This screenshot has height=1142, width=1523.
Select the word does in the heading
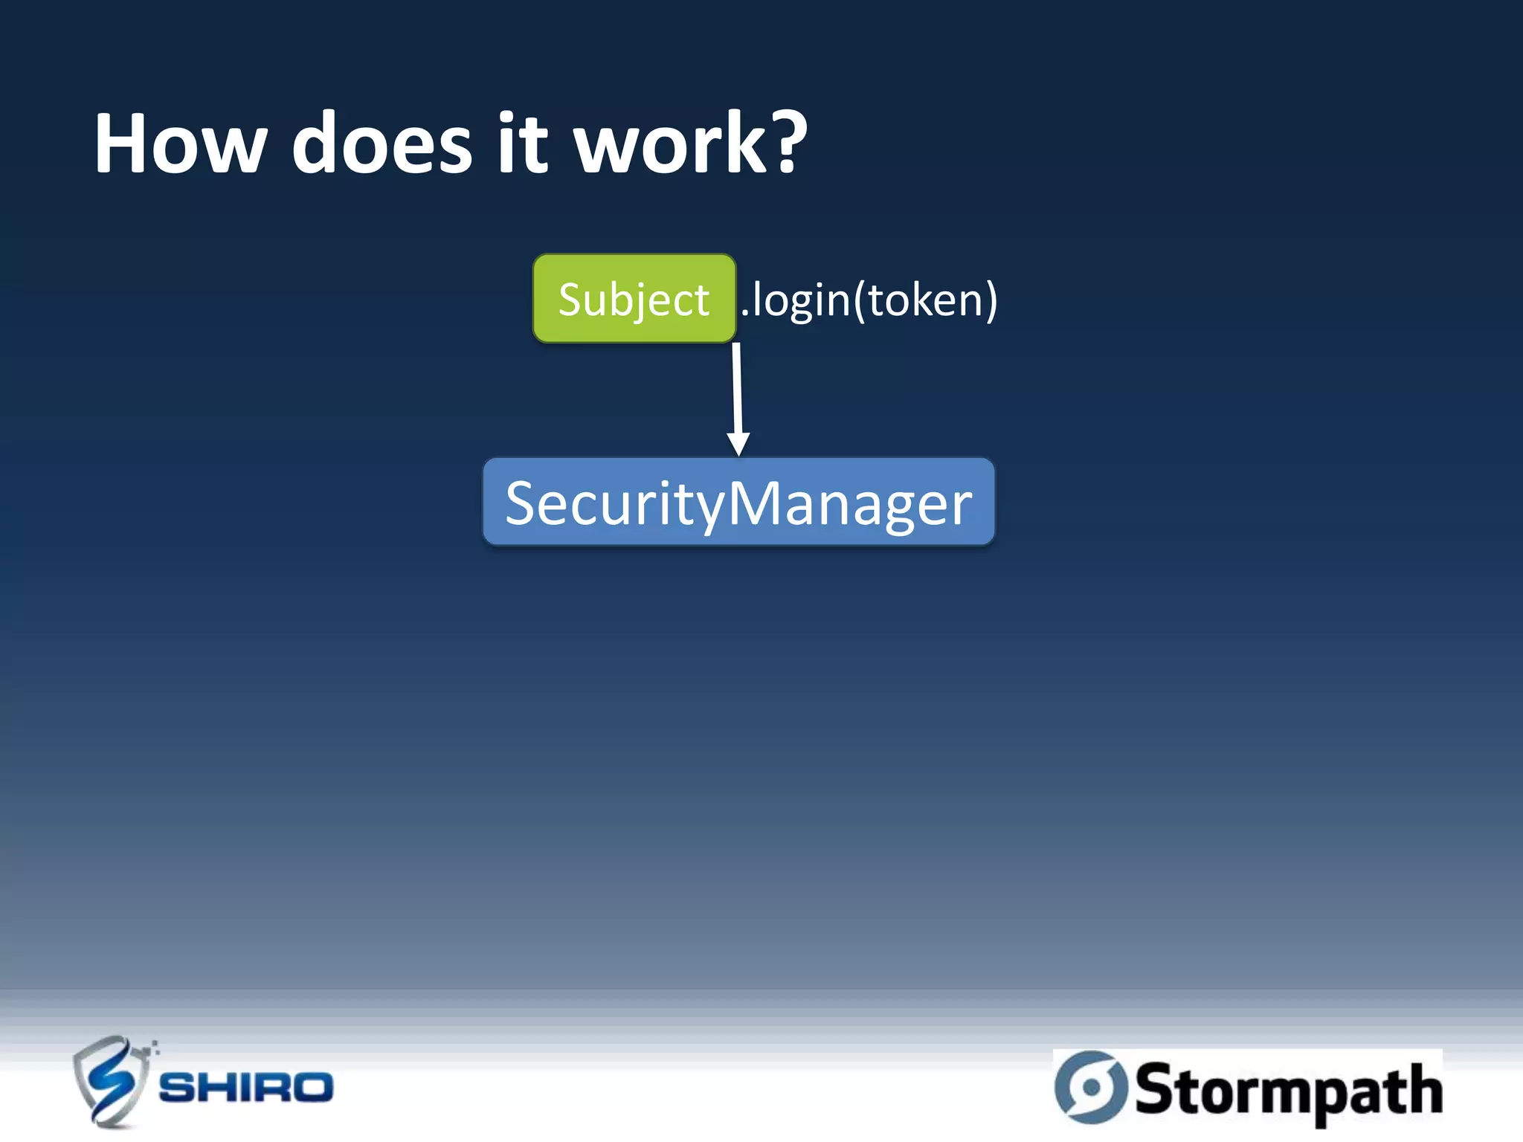pos(382,143)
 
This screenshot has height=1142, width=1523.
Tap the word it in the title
pos(523,143)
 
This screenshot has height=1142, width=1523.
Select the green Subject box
pos(634,299)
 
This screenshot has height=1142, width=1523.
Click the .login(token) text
pos(869,300)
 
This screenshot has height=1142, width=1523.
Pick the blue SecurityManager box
pos(738,503)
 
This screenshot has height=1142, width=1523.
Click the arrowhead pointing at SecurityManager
pos(738,445)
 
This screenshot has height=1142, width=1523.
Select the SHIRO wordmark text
pos(246,1088)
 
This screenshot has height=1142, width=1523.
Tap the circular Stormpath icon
pos(1091,1088)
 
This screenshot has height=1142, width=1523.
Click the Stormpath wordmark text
pos(1288,1090)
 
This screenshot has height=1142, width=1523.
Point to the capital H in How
pos(123,143)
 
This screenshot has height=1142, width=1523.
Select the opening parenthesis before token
pos(860,300)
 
